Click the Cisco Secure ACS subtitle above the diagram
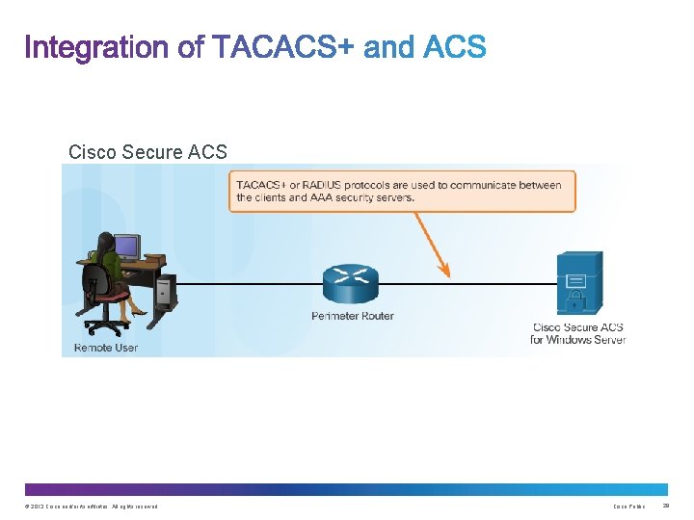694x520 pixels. (x=147, y=152)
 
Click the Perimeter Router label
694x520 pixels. (x=353, y=316)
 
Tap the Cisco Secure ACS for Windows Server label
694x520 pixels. (x=578, y=333)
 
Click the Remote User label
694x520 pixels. (x=106, y=347)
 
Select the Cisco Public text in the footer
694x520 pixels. (x=629, y=507)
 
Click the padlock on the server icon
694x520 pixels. (x=576, y=282)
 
